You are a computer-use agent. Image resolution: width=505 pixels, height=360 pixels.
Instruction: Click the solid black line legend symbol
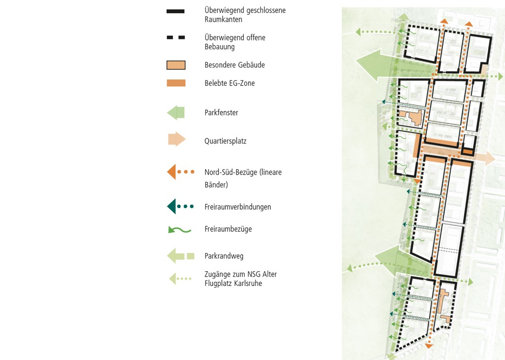point(176,11)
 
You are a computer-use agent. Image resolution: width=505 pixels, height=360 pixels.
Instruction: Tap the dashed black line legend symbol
point(176,37)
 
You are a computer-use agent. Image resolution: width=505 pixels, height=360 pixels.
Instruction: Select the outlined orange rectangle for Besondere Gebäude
point(176,65)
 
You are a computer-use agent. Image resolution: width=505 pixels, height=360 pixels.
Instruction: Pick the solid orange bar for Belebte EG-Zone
point(176,83)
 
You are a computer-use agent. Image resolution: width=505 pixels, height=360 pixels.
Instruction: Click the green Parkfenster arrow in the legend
point(176,113)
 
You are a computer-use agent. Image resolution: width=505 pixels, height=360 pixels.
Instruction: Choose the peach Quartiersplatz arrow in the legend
point(177,139)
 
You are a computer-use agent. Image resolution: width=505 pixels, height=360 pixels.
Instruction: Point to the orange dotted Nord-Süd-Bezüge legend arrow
point(180,172)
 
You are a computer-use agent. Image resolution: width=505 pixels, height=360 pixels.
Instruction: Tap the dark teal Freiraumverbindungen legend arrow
point(180,207)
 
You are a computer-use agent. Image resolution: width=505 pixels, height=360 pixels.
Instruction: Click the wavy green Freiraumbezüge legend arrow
point(180,230)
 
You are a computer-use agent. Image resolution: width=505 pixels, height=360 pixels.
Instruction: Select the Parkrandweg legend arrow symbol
point(180,256)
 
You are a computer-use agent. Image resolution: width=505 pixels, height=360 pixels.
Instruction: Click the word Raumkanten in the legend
point(223,19)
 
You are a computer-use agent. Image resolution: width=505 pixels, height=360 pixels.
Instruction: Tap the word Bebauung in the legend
point(219,47)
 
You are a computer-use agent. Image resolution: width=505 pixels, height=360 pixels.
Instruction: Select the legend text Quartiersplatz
point(225,141)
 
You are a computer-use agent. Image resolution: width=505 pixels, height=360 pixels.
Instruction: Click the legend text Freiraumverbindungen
point(238,207)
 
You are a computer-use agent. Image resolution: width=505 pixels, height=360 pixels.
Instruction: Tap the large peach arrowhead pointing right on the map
point(490,158)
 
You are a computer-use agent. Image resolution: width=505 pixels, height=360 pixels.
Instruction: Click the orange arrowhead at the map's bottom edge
point(429,346)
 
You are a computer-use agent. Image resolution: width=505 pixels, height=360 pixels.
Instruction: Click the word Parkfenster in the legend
point(221,113)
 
